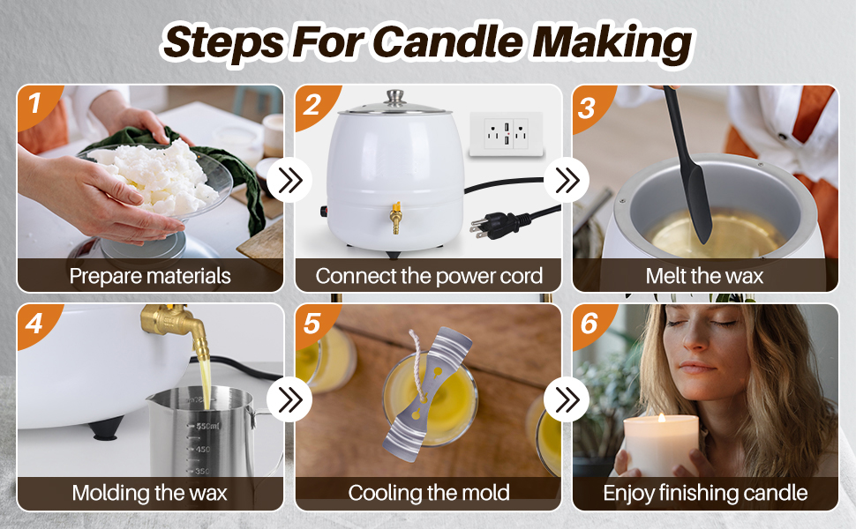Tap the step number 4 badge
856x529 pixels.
(x=34, y=324)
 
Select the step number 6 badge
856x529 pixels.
(x=589, y=324)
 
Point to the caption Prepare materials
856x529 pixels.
(x=150, y=276)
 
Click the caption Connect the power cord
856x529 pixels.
(x=429, y=276)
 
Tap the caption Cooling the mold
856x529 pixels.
(x=429, y=493)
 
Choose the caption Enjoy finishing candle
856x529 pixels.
(x=705, y=493)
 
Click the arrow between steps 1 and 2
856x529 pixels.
(x=289, y=180)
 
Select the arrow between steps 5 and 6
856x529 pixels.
(x=567, y=399)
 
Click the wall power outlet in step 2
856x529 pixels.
(x=507, y=134)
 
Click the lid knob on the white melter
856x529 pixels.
(x=394, y=97)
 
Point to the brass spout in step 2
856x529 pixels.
(x=394, y=218)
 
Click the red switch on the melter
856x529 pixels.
(x=323, y=211)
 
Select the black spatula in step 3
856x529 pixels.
(x=689, y=164)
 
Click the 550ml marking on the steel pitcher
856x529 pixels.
(x=207, y=426)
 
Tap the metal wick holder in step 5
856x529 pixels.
(x=426, y=392)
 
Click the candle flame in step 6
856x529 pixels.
(x=662, y=418)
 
